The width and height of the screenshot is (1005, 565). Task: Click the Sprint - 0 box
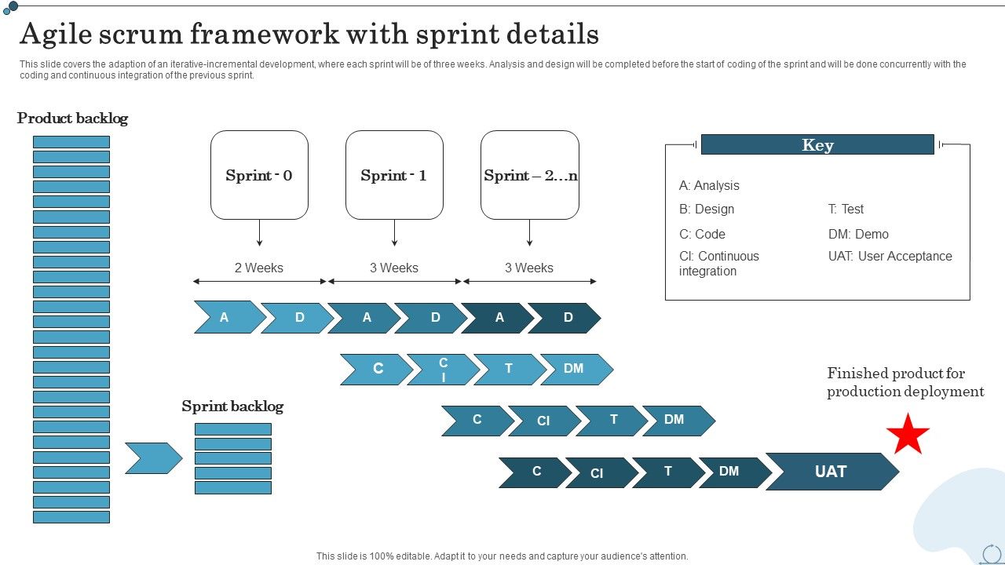point(259,175)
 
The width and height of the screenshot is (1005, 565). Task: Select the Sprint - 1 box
point(394,175)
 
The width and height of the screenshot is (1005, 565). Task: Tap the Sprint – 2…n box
point(530,175)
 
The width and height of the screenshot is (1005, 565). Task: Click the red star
point(908,435)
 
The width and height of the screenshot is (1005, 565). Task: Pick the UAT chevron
point(831,472)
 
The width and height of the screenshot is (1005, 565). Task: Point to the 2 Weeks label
point(259,268)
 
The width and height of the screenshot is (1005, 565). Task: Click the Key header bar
point(817,144)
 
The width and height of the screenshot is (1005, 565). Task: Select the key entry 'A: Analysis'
point(709,186)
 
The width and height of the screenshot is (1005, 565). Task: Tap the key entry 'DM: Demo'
point(858,234)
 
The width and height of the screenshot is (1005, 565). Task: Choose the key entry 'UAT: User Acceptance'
point(890,256)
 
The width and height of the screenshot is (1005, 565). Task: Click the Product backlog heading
point(72,118)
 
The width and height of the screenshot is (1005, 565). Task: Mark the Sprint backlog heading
point(232,406)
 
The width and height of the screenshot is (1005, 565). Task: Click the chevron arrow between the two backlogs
point(153,458)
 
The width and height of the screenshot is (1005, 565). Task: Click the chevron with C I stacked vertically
point(443,370)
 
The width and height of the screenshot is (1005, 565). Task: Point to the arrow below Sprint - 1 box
point(394,233)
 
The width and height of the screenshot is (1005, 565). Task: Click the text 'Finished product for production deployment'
point(905,382)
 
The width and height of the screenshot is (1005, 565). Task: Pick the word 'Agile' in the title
point(53,35)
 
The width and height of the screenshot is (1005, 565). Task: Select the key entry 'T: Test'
point(846,209)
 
